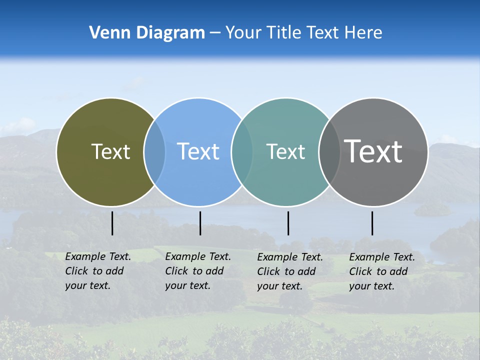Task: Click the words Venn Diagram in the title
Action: coord(147,33)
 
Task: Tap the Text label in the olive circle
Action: coord(110,151)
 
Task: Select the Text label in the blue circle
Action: coord(198,151)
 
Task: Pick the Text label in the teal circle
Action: coord(285,151)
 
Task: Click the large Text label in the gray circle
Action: coord(373,151)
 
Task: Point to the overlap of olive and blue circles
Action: coord(154,151)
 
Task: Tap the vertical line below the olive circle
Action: coord(112,223)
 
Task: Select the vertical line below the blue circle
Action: coord(200,223)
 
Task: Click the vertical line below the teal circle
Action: coord(288,223)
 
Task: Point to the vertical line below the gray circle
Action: coord(372,223)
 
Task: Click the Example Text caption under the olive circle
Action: coord(98,271)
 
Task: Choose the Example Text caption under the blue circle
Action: coord(198,271)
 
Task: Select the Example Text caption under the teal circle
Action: coord(290,271)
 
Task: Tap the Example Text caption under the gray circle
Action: coord(382,271)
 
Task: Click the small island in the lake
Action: coord(432,210)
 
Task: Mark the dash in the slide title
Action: coord(215,33)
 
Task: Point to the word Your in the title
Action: coord(243,33)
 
